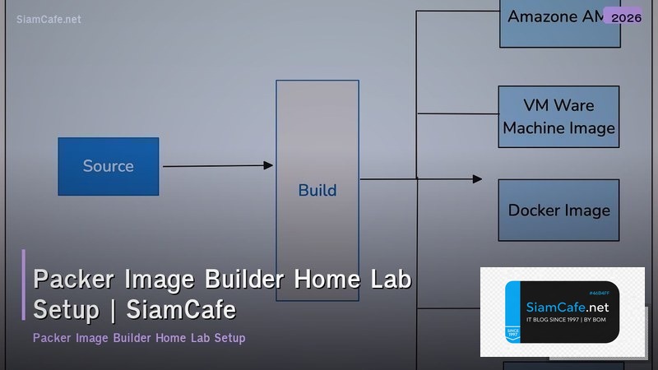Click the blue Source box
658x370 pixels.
[x=108, y=166]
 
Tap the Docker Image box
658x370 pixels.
[x=558, y=210]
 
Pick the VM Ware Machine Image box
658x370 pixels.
[x=558, y=116]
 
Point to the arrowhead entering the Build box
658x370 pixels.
[x=268, y=165]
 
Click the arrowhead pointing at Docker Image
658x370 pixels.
[x=477, y=178]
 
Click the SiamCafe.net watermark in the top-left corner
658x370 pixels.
[x=49, y=20]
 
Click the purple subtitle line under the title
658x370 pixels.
[x=139, y=338]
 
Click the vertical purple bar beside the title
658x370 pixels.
[x=24, y=284]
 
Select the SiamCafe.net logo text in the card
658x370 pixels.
[x=567, y=307]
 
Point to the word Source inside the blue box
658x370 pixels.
[x=108, y=166]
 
